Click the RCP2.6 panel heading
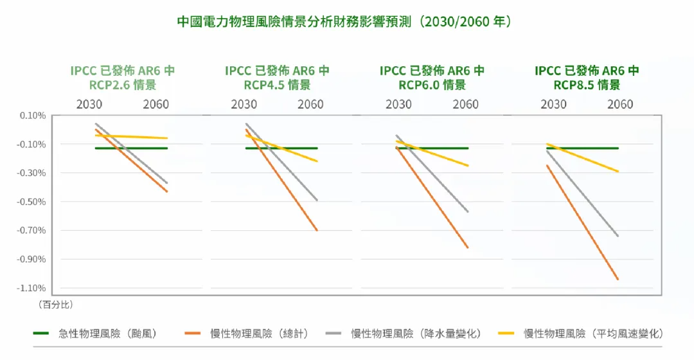(123, 78)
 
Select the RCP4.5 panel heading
(277, 78)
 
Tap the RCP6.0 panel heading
(432, 78)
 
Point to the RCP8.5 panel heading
(587, 78)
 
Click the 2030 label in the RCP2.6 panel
(89, 104)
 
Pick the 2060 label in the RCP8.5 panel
(620, 104)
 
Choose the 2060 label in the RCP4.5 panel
(311, 104)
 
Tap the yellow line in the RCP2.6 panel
(132, 137)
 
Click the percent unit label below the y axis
(51, 303)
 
